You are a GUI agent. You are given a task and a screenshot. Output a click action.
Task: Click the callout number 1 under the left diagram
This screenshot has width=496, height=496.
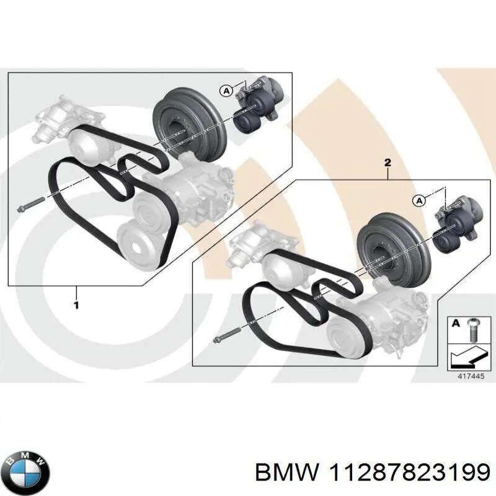click(76, 305)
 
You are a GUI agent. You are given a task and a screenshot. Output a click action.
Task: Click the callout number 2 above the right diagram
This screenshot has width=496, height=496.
click(387, 163)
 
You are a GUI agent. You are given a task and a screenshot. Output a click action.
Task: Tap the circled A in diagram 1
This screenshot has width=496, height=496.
click(226, 91)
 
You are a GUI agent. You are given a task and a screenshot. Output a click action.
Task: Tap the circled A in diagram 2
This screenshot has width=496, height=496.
click(419, 200)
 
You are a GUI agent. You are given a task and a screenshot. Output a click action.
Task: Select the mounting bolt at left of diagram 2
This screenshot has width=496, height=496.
click(223, 337)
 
